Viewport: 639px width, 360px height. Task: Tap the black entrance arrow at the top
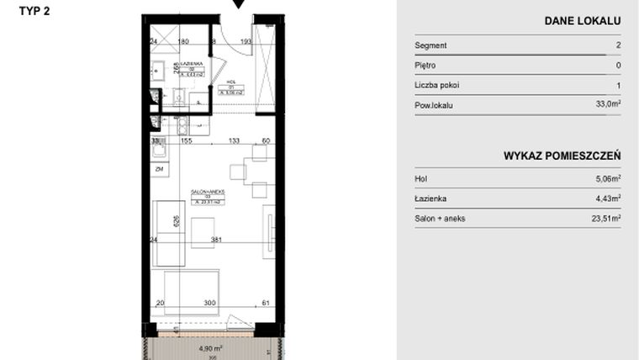[240, 4]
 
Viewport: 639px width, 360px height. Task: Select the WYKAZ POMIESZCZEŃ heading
[562, 156]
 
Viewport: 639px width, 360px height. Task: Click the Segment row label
[430, 45]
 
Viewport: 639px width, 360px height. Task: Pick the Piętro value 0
[618, 66]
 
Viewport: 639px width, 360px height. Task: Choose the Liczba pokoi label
[437, 85]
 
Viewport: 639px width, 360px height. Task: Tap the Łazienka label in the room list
[430, 199]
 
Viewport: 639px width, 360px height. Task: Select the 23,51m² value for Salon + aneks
[606, 219]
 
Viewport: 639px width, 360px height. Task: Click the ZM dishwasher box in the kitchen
[158, 169]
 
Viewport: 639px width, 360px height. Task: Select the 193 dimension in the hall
[246, 40]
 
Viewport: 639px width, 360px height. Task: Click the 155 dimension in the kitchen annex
[186, 142]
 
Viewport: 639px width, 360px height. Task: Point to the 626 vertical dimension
[176, 222]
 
